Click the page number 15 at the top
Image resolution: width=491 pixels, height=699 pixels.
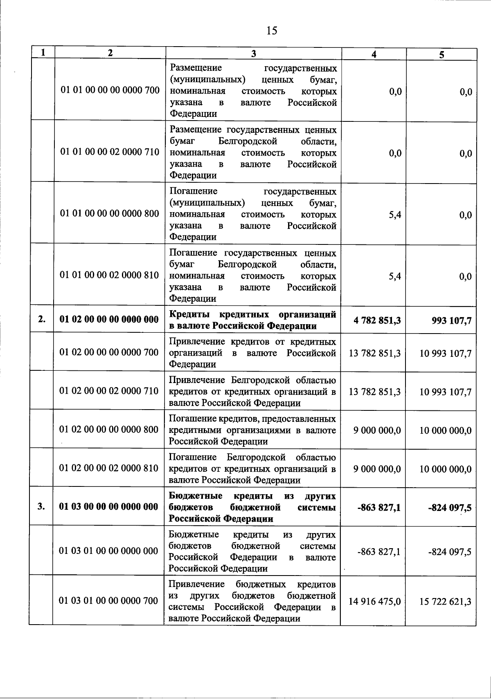tap(272, 30)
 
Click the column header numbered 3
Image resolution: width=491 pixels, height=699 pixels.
tap(253, 54)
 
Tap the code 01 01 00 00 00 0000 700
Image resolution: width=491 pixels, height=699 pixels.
tap(110, 91)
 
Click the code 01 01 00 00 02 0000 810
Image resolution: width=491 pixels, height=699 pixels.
tap(110, 275)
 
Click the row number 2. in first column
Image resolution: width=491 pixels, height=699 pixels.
tap(42, 320)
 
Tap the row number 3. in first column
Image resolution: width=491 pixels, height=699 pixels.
tap(41, 507)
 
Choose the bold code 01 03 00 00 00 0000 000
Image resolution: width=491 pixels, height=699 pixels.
tap(109, 507)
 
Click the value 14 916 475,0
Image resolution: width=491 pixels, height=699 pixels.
tap(374, 601)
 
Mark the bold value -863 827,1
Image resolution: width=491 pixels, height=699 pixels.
tap(378, 507)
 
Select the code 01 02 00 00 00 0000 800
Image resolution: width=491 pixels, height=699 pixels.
tap(109, 430)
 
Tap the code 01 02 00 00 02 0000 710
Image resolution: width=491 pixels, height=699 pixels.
tap(109, 391)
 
